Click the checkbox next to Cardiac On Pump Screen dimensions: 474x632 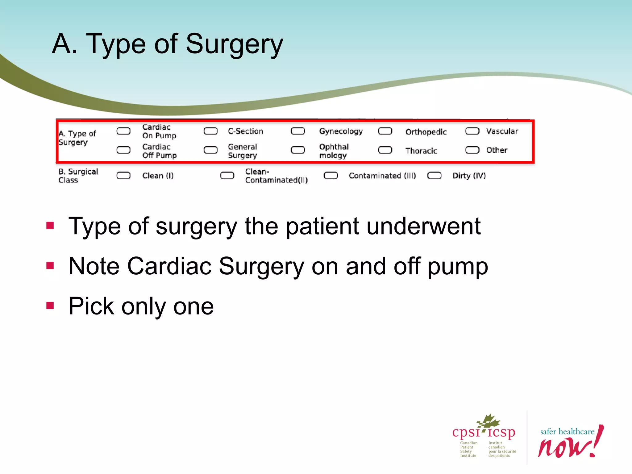pyautogui.click(x=123, y=131)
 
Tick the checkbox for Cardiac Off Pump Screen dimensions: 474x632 pyautogui.click(x=123, y=150)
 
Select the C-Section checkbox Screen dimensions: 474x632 pyautogui.click(x=211, y=131)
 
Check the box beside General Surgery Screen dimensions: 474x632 pyautogui.click(x=211, y=150)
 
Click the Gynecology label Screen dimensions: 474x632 pyautogui.click(x=341, y=131)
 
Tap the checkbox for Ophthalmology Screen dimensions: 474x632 pyautogui.click(x=298, y=150)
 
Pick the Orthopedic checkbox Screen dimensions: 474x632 pyautogui.click(x=385, y=131)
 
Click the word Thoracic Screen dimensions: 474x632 pyautogui.click(x=421, y=151)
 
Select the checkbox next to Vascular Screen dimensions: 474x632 pyautogui.click(x=472, y=131)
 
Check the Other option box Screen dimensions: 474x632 pyautogui.click(x=472, y=150)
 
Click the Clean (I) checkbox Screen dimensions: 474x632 pyautogui.click(x=123, y=176)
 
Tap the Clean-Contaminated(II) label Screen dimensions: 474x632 pyautogui.click(x=276, y=176)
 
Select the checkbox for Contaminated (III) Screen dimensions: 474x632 pyautogui.click(x=331, y=176)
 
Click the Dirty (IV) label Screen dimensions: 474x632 pyautogui.click(x=469, y=176)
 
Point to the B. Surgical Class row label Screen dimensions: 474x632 pyautogui.click(x=78, y=176)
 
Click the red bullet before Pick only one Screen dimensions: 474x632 pyautogui.click(x=50, y=306)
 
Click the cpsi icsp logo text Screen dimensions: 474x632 pyautogui.click(x=484, y=432)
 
